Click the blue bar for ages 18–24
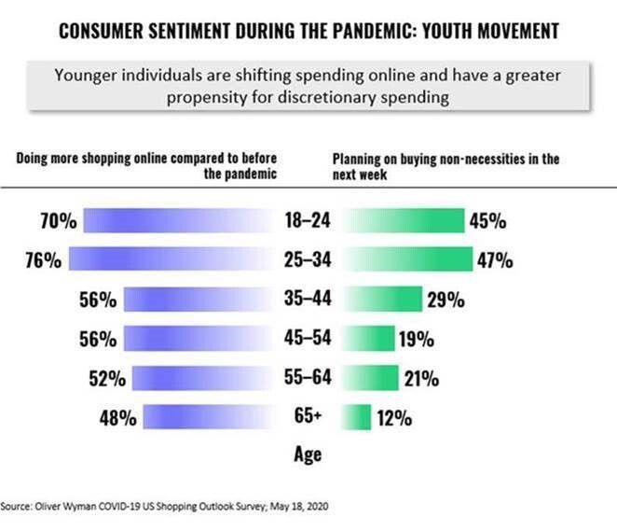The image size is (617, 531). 177,221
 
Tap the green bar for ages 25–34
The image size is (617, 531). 410,260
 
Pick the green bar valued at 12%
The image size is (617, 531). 360,417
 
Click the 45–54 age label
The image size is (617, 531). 307,339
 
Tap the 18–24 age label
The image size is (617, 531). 307,221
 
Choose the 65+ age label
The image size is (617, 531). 307,417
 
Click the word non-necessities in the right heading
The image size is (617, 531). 473,159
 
